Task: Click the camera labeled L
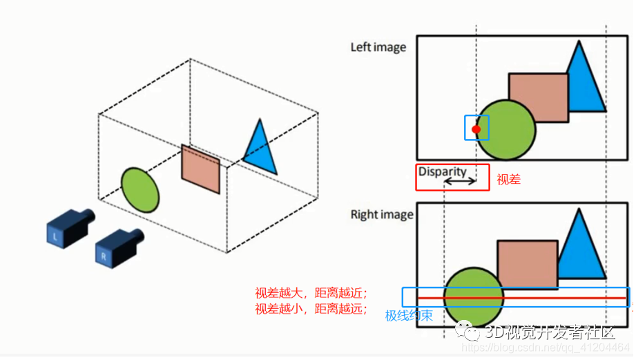pyautogui.click(x=69, y=228)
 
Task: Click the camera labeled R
pyautogui.click(x=119, y=248)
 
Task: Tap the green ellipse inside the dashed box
pyautogui.click(x=140, y=190)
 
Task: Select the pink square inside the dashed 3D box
pyautogui.click(x=200, y=169)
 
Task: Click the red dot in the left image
pyautogui.click(x=476, y=129)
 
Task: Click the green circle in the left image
pyautogui.click(x=505, y=130)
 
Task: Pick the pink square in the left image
pyautogui.click(x=539, y=98)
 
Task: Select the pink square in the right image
pyautogui.click(x=528, y=265)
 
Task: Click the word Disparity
pyautogui.click(x=442, y=171)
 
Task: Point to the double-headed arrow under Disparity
pyautogui.click(x=460, y=182)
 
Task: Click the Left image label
pyautogui.click(x=378, y=48)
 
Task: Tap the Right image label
pyautogui.click(x=382, y=214)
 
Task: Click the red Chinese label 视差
pyautogui.click(x=509, y=179)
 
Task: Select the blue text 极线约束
pyautogui.click(x=409, y=315)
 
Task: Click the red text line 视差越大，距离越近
pyautogui.click(x=311, y=292)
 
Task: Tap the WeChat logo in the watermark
pyautogui.click(x=468, y=330)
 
